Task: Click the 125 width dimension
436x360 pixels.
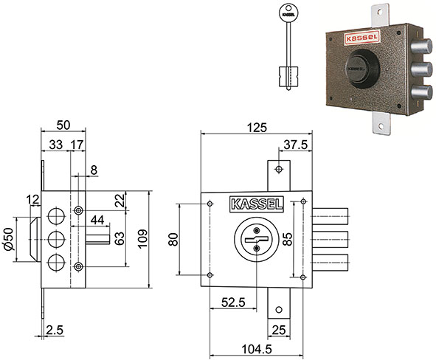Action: click(257, 128)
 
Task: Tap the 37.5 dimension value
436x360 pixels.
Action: click(296, 145)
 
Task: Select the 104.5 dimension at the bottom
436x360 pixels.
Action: click(257, 349)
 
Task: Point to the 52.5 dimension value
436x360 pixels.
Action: click(233, 302)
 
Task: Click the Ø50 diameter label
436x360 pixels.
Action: click(8, 239)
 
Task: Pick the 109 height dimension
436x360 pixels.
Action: click(142, 239)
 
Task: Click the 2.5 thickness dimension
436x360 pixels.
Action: click(55, 330)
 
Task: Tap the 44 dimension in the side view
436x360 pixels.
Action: click(97, 220)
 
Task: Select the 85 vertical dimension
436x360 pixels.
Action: click(288, 239)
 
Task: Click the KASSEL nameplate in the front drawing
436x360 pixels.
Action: click(257, 204)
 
